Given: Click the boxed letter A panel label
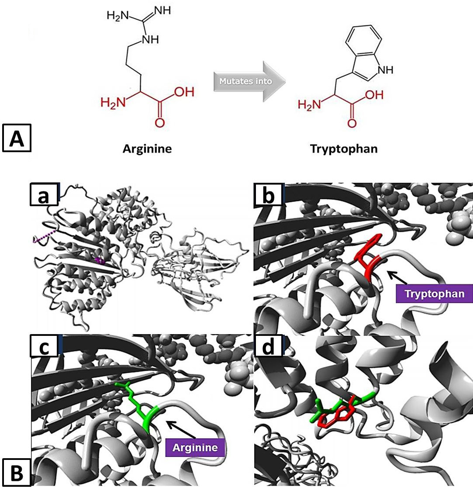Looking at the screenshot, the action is (x=17, y=138).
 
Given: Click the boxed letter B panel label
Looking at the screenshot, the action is (x=16, y=472).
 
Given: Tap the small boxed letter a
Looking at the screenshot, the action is (x=44, y=194).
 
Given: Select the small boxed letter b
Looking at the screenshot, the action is (x=268, y=194).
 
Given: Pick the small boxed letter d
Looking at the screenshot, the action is (x=268, y=345).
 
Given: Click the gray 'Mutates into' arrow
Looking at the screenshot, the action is (x=249, y=81).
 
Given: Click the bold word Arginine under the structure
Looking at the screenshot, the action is (x=147, y=149).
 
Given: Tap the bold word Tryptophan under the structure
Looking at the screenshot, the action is (x=344, y=149).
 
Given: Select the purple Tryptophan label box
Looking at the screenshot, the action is (x=434, y=294).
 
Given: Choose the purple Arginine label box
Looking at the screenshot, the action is (x=195, y=447).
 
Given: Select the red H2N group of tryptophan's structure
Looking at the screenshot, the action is (x=309, y=105).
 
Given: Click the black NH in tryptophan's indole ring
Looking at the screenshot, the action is (x=385, y=70).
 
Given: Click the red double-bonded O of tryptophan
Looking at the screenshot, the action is (x=352, y=123).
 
